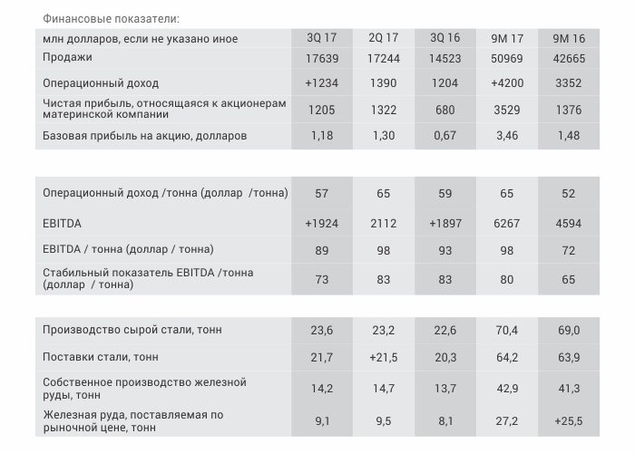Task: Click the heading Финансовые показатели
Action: (111, 18)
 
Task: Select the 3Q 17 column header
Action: (321, 38)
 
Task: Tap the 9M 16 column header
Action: (569, 38)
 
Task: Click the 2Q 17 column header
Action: (384, 38)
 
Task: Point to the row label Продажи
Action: (67, 58)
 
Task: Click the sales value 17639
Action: (321, 59)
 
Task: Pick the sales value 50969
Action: (507, 59)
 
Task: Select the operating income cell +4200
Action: (507, 82)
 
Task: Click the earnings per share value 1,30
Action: (384, 136)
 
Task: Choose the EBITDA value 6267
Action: (507, 223)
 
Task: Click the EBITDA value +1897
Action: (444, 223)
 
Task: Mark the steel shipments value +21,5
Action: (384, 358)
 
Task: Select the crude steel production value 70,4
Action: (507, 331)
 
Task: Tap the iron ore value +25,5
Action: (569, 420)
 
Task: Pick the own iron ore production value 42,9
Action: (507, 389)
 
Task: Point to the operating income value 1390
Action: (384, 82)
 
